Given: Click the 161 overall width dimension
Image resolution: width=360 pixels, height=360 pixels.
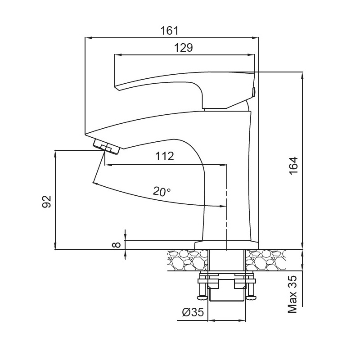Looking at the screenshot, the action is pyautogui.click(x=169, y=30).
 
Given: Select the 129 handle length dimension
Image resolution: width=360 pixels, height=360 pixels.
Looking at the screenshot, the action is pyautogui.click(x=184, y=48).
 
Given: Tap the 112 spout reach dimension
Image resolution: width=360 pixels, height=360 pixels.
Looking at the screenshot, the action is pyautogui.click(x=165, y=156).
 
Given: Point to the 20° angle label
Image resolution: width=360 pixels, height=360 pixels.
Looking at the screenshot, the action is pyautogui.click(x=162, y=191).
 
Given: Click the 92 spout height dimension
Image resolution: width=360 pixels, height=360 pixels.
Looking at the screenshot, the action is pyautogui.click(x=47, y=202).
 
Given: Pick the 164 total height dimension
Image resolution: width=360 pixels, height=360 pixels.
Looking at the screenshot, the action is pyautogui.click(x=293, y=166).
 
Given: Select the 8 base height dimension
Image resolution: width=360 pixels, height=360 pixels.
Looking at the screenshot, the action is pyautogui.click(x=117, y=245).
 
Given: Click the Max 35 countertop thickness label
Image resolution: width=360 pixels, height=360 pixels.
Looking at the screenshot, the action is pyautogui.click(x=292, y=294).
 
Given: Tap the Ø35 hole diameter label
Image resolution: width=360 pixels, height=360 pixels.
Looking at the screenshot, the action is pyautogui.click(x=193, y=312).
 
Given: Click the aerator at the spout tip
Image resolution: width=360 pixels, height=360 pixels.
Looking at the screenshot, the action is pyautogui.click(x=107, y=147).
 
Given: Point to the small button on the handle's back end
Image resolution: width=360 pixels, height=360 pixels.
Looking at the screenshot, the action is pyautogui.click(x=254, y=92).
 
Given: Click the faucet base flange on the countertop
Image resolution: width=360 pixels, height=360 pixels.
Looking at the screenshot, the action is pyautogui.click(x=227, y=245).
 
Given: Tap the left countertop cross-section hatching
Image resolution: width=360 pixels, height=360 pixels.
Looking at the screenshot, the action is pyautogui.click(x=188, y=260).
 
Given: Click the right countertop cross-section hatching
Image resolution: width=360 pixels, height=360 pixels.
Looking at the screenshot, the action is pyautogui.click(x=266, y=260).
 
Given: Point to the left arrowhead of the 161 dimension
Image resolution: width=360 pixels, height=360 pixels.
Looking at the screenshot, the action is pyautogui.click(x=88, y=38).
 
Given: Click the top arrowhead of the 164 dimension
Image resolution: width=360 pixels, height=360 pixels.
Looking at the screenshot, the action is pyautogui.click(x=302, y=75).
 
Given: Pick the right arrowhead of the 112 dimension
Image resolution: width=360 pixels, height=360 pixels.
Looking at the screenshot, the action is pyautogui.click(x=223, y=165).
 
